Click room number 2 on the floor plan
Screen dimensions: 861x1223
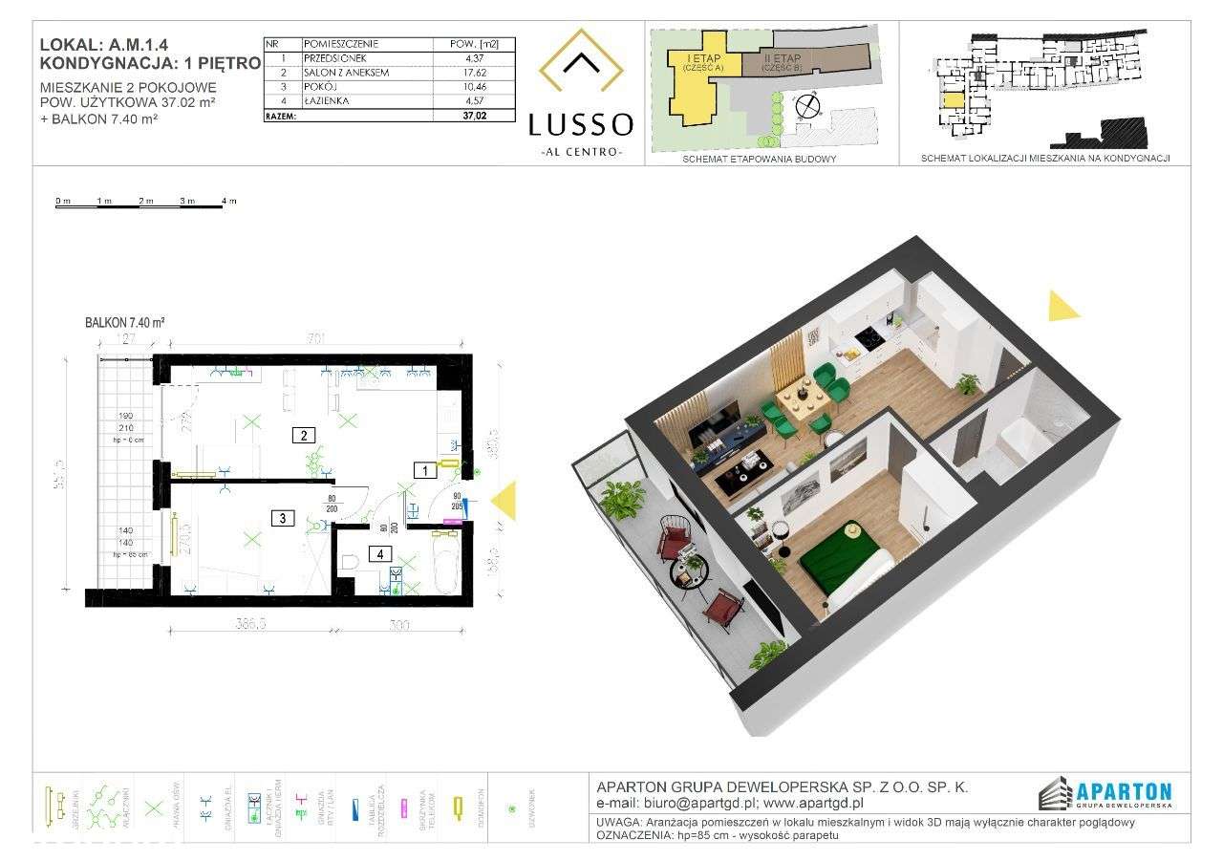[x=303, y=436]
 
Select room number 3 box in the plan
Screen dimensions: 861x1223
[x=283, y=519]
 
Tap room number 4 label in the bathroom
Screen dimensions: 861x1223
[x=379, y=552]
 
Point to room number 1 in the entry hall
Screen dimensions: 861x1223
[x=419, y=469]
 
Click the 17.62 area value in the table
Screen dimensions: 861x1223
[x=475, y=72]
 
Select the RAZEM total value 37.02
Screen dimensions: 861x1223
[x=475, y=115]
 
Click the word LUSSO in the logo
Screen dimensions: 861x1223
[x=580, y=124]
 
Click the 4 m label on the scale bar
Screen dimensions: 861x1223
[x=228, y=202]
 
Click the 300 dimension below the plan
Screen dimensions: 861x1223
[x=398, y=626]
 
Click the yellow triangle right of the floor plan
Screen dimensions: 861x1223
[x=503, y=501]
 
